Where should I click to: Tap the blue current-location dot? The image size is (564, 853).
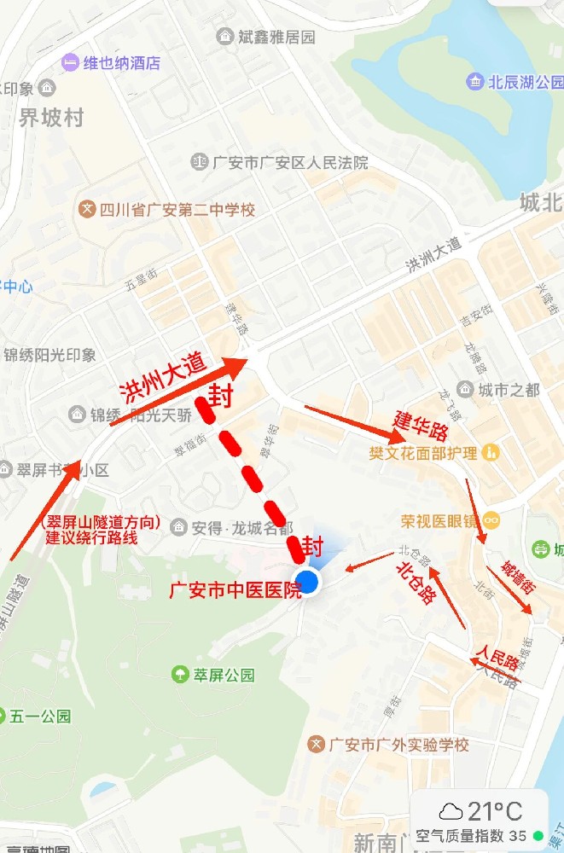coord(309,582)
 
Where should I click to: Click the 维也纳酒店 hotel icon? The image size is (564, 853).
coord(70,62)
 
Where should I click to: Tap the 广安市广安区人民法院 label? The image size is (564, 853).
coord(290,162)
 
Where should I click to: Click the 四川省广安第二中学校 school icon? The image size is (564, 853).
coord(86,209)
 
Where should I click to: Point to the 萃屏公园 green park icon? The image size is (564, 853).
coord(180,675)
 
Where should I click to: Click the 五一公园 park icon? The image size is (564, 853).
coord(15,717)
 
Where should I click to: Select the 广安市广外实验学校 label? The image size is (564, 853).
coord(398,745)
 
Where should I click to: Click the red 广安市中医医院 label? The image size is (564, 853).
coord(235,589)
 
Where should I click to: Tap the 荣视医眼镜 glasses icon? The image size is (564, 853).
coord(491,519)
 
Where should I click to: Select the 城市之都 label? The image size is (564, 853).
coord(509,390)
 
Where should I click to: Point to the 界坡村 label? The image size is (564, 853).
coord(51,118)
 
